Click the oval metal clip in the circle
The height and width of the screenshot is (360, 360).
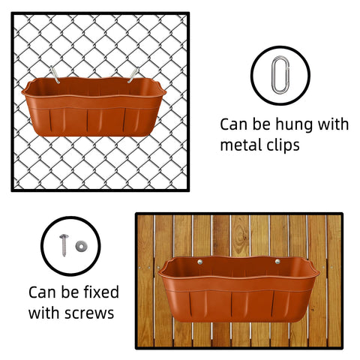[x=272, y=75]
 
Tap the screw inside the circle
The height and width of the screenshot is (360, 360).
[x=64, y=245]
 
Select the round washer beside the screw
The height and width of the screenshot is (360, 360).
[x=82, y=246]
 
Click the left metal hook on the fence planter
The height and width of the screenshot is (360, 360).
[x=55, y=74]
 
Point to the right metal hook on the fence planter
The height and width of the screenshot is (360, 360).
[x=133, y=75]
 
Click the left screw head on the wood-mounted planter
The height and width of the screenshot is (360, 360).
[x=200, y=262]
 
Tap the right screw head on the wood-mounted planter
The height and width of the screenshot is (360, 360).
[x=277, y=262]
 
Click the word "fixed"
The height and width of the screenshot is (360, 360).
[x=101, y=292]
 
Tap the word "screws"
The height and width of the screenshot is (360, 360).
[x=89, y=313]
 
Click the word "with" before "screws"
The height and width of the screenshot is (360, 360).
[x=44, y=313]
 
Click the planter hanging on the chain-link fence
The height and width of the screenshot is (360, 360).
[x=94, y=106]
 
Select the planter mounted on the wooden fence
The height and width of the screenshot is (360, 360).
[x=238, y=289]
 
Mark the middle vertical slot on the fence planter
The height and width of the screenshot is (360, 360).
[x=88, y=121]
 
